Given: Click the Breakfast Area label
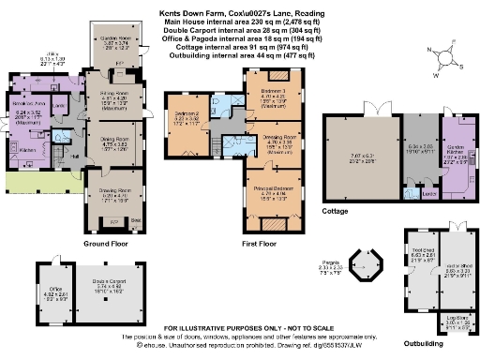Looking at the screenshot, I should pos(32,104).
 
